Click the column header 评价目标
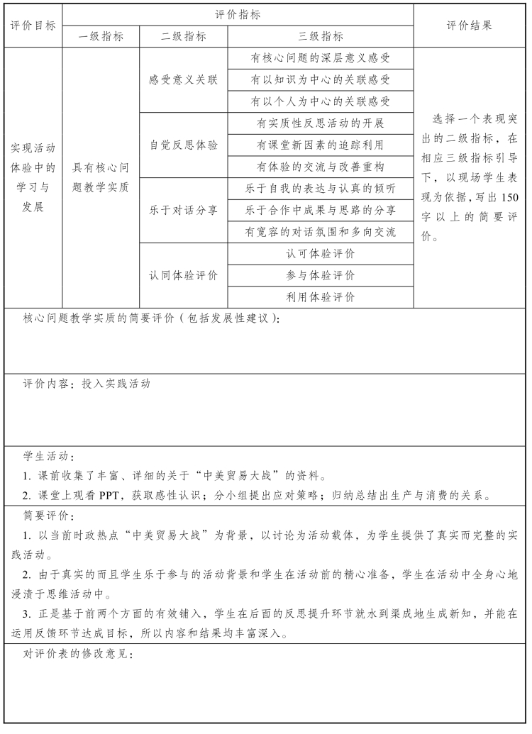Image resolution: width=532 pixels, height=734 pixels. (x=33, y=26)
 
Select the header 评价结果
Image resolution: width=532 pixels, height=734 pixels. (x=469, y=26)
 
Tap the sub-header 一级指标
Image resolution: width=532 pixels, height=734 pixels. (x=100, y=37)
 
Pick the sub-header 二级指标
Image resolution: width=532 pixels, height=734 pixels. (x=183, y=37)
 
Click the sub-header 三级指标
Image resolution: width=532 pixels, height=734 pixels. (x=320, y=37)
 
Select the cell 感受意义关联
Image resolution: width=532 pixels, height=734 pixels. (x=183, y=80)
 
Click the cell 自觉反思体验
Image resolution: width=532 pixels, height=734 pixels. (x=183, y=145)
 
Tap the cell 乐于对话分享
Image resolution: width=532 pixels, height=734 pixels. (x=183, y=210)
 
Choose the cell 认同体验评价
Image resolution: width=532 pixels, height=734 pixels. (x=183, y=275)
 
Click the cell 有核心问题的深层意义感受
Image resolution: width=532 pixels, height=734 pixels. (x=320, y=58)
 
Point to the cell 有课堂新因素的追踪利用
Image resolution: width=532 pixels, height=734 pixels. (x=320, y=145)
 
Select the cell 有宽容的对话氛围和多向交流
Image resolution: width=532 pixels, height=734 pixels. (x=320, y=232)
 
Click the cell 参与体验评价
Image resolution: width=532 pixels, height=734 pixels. (x=320, y=275)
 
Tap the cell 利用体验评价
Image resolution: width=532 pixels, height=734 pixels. (x=320, y=297)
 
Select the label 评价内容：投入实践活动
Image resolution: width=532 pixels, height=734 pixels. (x=87, y=384)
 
